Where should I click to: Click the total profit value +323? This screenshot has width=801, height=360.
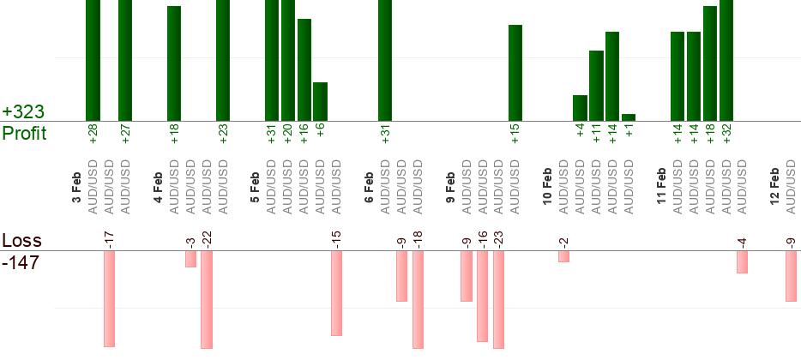point(23,112)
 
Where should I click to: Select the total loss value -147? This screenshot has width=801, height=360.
point(21,262)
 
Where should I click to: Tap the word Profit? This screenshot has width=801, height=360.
point(24,134)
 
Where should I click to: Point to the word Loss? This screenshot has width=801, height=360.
point(21,240)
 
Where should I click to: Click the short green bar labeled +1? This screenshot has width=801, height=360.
point(629,117)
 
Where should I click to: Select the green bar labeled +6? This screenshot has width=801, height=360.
point(320,101)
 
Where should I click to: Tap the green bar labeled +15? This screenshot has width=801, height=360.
point(515,73)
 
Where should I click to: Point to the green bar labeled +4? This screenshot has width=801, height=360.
point(580,108)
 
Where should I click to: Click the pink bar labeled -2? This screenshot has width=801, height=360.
point(563,256)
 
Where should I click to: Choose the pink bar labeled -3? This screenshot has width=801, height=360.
point(190,259)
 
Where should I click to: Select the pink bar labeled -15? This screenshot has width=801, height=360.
point(337,293)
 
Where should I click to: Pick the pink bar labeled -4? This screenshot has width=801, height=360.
point(742,262)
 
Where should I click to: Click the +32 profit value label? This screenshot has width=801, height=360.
point(727,135)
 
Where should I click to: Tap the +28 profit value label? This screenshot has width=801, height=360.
point(93,135)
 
